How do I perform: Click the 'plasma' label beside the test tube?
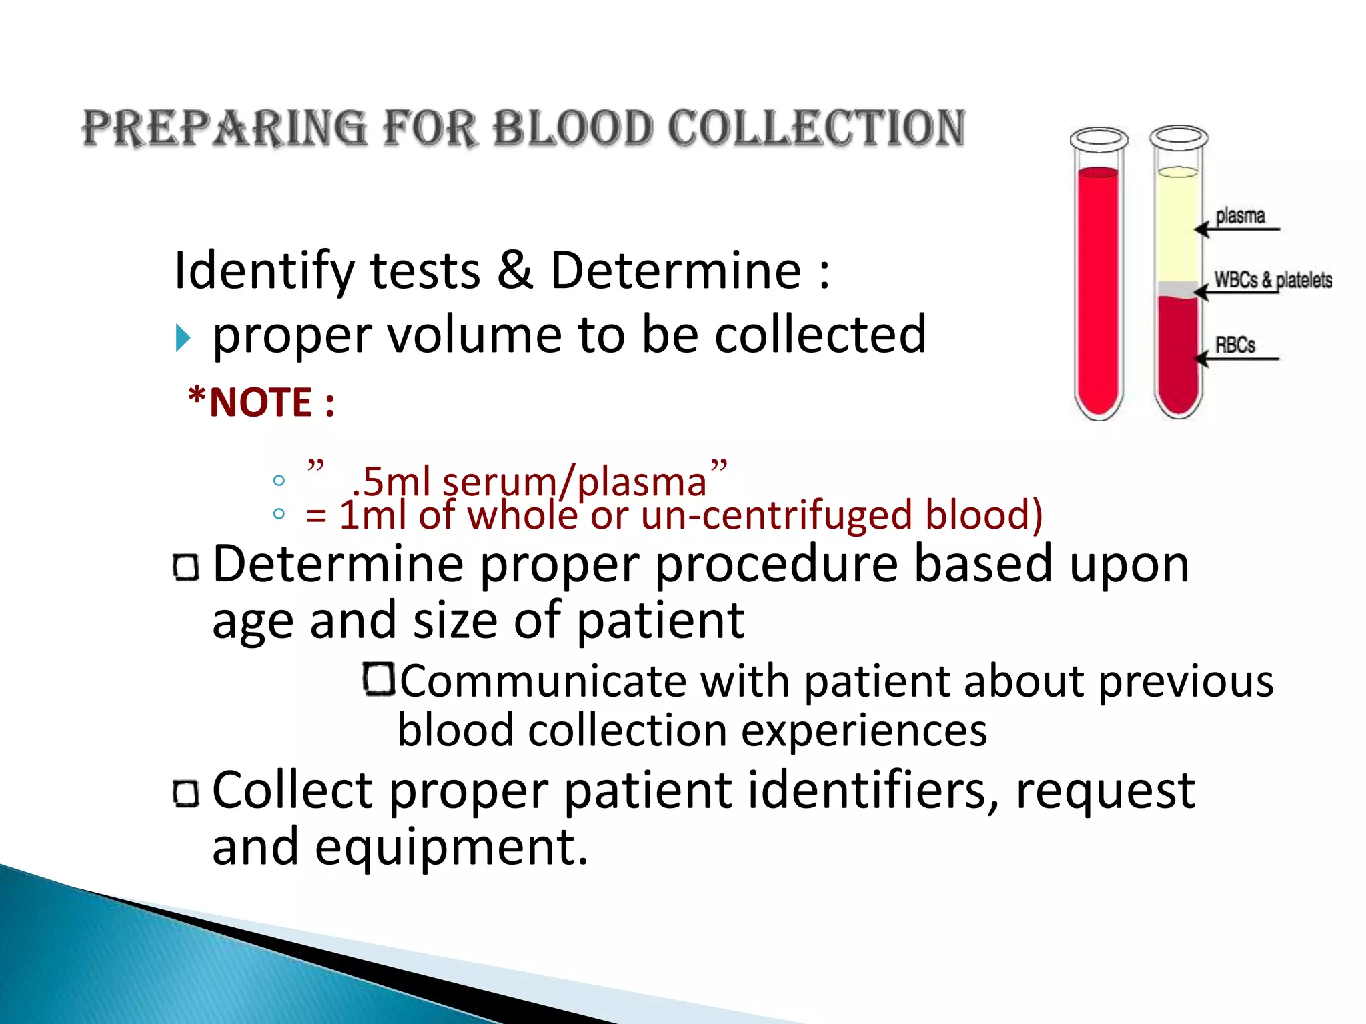[1240, 216]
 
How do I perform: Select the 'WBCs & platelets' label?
[1273, 280]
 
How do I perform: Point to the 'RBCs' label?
[1235, 345]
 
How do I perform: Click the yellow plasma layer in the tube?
[1178, 227]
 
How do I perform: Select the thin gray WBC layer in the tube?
[1178, 289]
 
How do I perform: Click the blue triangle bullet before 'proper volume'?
[183, 338]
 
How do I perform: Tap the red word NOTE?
[261, 403]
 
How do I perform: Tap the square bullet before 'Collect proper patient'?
[186, 793]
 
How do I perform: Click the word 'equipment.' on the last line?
[452, 847]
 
